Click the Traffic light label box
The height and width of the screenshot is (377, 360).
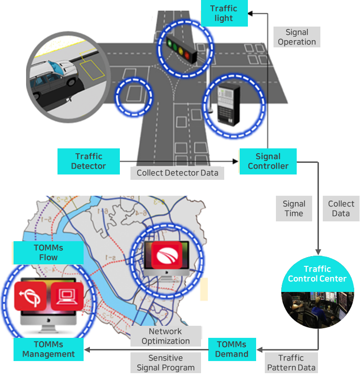click(x=223, y=14)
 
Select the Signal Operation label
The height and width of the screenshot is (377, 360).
click(x=297, y=37)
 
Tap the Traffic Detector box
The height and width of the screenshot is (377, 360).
click(x=88, y=161)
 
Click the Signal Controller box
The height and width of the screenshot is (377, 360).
click(x=268, y=161)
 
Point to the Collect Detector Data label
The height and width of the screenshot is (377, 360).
click(x=177, y=173)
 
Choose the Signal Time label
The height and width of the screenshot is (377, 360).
click(x=294, y=209)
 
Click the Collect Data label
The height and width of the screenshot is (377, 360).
click(x=341, y=209)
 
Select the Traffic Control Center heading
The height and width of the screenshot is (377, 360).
click(x=317, y=274)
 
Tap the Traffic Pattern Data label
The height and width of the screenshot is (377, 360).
click(x=291, y=362)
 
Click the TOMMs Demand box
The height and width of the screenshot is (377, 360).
click(x=231, y=349)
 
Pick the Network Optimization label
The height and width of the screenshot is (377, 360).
click(x=165, y=336)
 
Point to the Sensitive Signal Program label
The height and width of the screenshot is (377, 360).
click(x=165, y=362)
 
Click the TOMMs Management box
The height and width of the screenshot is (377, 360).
click(x=48, y=349)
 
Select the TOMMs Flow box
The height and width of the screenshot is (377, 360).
click(x=48, y=252)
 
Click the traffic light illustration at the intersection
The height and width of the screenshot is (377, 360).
click(x=181, y=49)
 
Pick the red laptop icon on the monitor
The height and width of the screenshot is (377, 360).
click(x=67, y=296)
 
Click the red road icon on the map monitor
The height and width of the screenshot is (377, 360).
click(x=167, y=255)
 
